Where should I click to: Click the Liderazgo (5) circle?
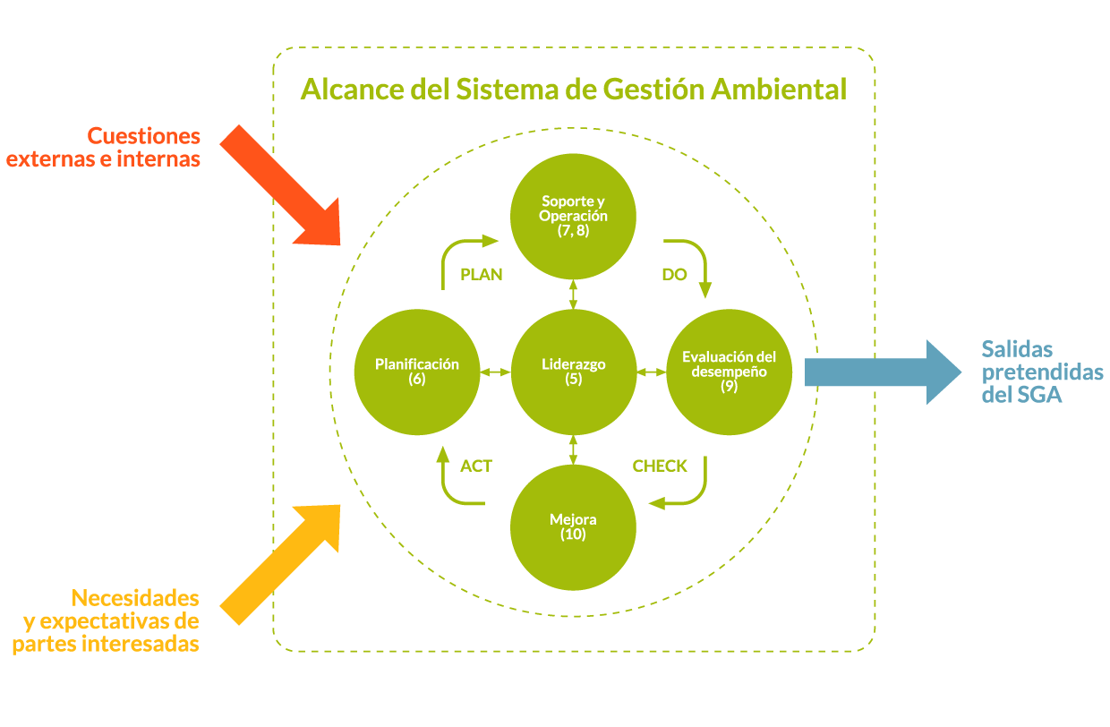[x=573, y=372]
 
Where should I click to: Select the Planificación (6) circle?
[x=417, y=372]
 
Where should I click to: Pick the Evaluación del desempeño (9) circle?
[x=729, y=372]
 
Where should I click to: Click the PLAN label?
[x=482, y=275]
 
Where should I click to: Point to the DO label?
[x=674, y=275]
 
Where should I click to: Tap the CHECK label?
[x=660, y=466]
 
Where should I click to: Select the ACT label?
[x=476, y=466]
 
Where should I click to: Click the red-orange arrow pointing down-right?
[x=279, y=184]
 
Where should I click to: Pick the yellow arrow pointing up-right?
[x=279, y=563]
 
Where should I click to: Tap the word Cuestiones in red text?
[x=143, y=136]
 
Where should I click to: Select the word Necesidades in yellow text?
[x=135, y=597]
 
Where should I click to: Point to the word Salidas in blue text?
[x=1017, y=348]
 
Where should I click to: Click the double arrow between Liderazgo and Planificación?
[x=495, y=372]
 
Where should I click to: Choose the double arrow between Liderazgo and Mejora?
[x=573, y=449]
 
